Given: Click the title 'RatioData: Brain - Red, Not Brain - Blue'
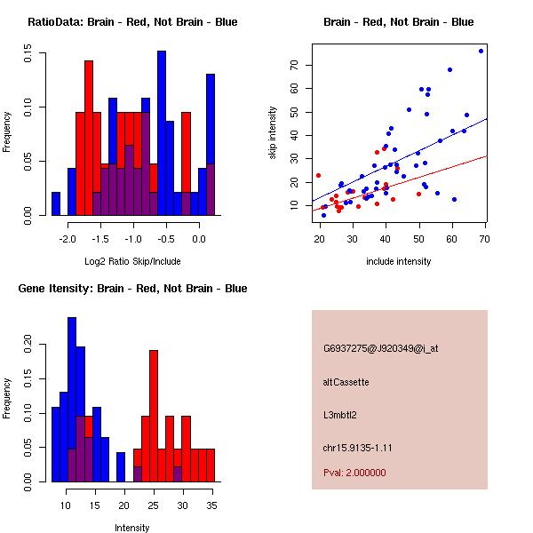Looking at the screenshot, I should [x=132, y=22].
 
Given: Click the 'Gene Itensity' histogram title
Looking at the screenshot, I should [x=132, y=289].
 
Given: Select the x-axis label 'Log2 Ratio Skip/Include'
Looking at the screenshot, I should [x=132, y=261].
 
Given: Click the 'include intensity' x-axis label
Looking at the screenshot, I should [x=398, y=261].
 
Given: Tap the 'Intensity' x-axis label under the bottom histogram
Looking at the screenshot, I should [x=132, y=528].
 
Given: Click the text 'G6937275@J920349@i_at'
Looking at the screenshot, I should [x=381, y=348].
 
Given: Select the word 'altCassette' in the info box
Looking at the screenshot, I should [x=346, y=382].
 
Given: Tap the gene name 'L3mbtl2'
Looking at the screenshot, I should [x=341, y=415].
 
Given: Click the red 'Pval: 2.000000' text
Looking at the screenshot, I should [x=354, y=473].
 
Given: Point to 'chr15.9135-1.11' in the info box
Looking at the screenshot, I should [x=358, y=447].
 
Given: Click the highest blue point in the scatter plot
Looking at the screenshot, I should [x=481, y=51].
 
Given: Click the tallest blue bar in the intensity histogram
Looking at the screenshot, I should [x=72, y=400].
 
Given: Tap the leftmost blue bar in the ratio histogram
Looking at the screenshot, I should [x=56, y=203].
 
